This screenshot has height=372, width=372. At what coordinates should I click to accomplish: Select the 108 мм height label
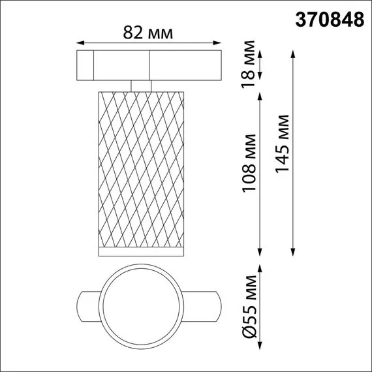pyautogui.click(x=248, y=170)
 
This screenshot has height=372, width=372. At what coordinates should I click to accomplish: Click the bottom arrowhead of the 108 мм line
pyautogui.click(x=261, y=254)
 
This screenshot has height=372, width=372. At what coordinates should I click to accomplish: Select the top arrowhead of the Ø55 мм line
pyautogui.click(x=261, y=267)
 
